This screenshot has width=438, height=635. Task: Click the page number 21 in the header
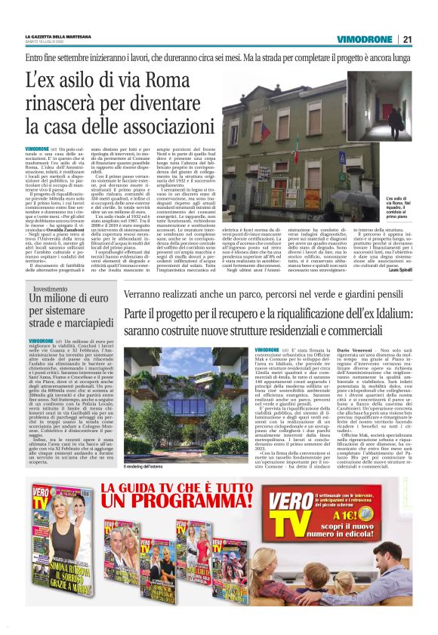click(x=407, y=39)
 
